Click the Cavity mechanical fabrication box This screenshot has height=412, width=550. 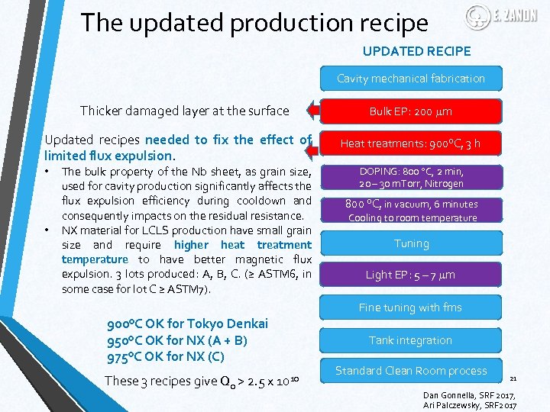click(x=410, y=79)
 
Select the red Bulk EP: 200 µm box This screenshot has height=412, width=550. click(x=410, y=111)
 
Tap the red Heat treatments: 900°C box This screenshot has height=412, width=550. click(x=410, y=143)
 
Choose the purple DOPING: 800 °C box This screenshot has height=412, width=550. click(x=410, y=177)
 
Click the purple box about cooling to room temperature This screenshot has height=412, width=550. click(x=410, y=211)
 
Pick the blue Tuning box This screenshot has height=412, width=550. click(x=410, y=243)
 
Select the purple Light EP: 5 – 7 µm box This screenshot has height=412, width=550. click(x=410, y=275)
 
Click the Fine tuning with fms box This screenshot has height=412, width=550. click(x=410, y=307)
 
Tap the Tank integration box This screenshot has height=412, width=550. click(x=410, y=340)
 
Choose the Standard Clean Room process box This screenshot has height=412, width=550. click(x=410, y=371)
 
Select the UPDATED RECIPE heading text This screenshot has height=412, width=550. click(x=416, y=51)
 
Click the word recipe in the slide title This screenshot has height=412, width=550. click(x=390, y=23)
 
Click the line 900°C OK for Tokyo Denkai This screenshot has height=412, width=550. click(x=188, y=323)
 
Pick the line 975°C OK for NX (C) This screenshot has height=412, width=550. click(x=167, y=356)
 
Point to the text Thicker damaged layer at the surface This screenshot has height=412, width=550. click(x=184, y=111)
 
